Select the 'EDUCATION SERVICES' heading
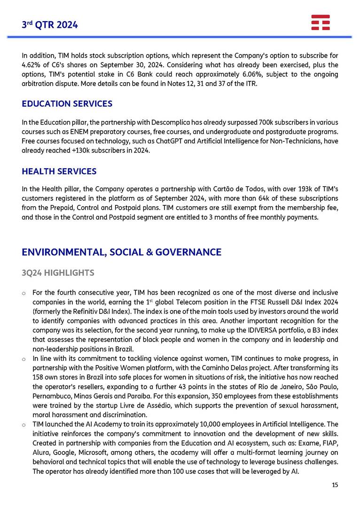tap(67, 103)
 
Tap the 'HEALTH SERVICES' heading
tap(59, 172)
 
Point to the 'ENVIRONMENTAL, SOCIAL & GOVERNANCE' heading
tap(121, 252)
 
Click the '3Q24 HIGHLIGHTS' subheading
tap(58, 273)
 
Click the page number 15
tap(335, 485)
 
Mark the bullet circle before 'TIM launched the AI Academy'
tap(24, 425)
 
